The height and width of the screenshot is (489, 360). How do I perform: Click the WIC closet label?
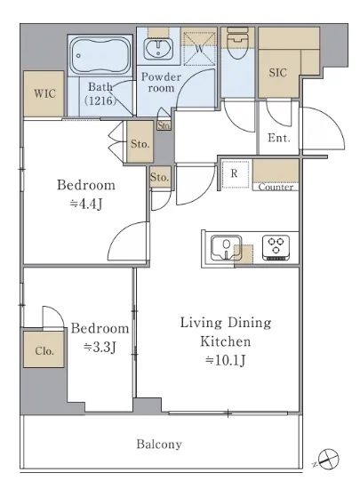tap(44, 93)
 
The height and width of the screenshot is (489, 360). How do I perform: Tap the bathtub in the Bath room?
tap(100, 55)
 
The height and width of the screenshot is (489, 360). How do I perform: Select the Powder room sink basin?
tap(158, 49)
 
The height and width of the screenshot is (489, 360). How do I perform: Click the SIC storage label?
tap(277, 73)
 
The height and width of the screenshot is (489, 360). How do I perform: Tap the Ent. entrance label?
tap(279, 138)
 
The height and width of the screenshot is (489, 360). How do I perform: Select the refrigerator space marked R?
tap(235, 174)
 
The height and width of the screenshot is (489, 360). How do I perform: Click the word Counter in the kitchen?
tap(276, 187)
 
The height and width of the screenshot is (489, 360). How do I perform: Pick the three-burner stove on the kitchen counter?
tap(276, 248)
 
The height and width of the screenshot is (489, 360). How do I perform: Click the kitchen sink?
tap(226, 248)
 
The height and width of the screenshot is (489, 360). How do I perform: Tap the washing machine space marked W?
tap(199, 48)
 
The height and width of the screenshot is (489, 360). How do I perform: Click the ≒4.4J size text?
tap(86, 204)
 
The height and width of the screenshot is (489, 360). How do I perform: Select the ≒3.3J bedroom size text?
tap(100, 347)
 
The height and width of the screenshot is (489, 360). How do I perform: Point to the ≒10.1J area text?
tap(226, 360)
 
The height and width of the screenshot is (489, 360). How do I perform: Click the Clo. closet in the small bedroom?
tap(44, 349)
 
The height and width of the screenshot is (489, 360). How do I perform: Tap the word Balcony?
tap(159, 444)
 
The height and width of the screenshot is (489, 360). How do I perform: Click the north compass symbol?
tap(328, 459)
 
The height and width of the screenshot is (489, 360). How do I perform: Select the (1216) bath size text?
tap(100, 100)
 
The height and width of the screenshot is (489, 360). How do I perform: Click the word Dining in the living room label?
tap(249, 323)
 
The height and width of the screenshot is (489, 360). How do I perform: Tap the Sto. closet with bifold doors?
tap(140, 141)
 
